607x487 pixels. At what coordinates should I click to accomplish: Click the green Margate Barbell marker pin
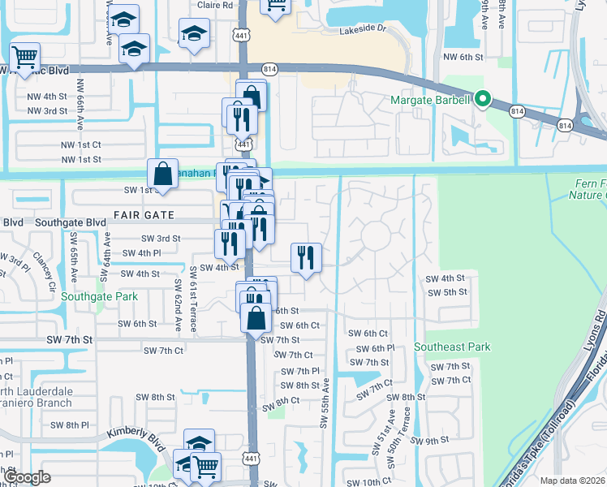(x=483, y=100)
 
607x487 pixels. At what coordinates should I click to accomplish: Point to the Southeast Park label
(x=452, y=347)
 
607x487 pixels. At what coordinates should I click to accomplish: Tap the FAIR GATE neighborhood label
(x=144, y=214)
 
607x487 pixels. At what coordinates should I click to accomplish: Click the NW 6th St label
(x=463, y=57)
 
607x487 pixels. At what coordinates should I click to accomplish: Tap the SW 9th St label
(x=429, y=441)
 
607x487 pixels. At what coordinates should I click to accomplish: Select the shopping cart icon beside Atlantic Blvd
(x=25, y=57)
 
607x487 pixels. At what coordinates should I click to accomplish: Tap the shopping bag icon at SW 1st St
(x=162, y=173)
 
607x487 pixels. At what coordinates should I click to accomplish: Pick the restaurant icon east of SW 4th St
(x=305, y=257)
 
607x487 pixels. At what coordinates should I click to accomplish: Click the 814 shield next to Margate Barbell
(x=516, y=110)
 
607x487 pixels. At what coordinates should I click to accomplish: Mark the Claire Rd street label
(x=215, y=5)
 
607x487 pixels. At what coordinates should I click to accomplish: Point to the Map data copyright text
(x=572, y=481)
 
